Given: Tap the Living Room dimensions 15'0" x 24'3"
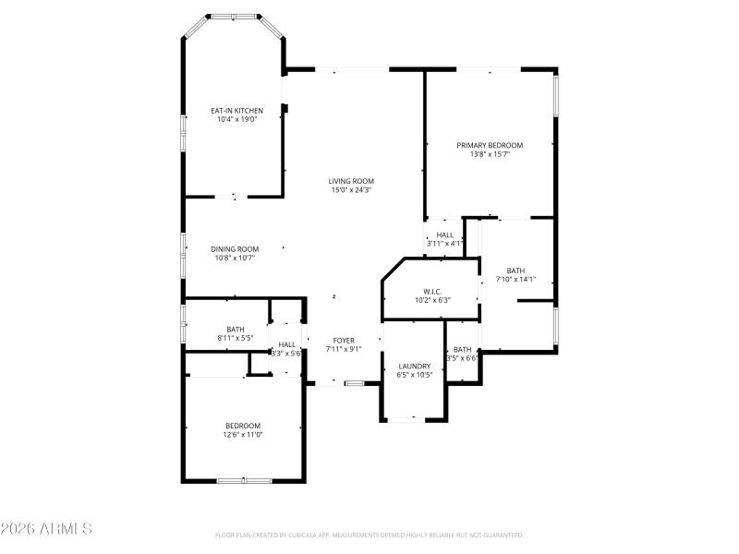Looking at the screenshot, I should (x=352, y=190).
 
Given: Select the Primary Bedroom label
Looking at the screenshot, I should (x=490, y=145).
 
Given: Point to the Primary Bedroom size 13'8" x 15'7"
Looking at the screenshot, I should (x=490, y=154).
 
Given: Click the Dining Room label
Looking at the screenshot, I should (x=235, y=248).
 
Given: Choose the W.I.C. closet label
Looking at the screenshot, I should (x=432, y=291).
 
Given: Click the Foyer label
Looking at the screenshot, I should (x=343, y=340).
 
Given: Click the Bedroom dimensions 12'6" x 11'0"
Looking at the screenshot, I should (x=244, y=435).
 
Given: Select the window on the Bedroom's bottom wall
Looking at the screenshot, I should (x=244, y=480).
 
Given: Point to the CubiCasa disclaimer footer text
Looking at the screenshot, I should (x=369, y=535).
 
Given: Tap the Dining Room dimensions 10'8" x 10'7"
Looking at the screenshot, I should (x=235, y=259).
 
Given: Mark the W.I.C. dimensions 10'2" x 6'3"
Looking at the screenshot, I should (x=432, y=300).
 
